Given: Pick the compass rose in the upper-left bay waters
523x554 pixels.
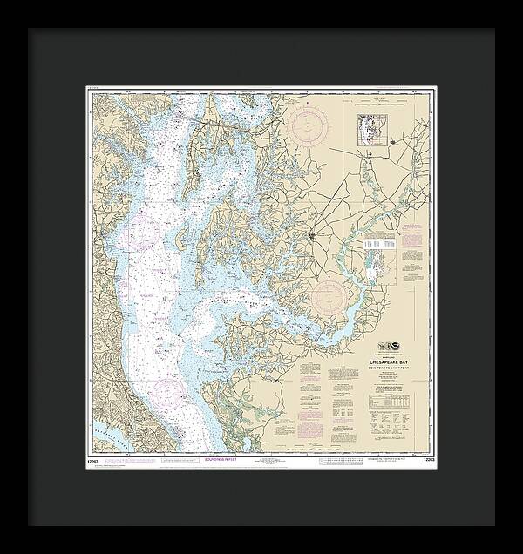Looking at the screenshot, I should point(144,233).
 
